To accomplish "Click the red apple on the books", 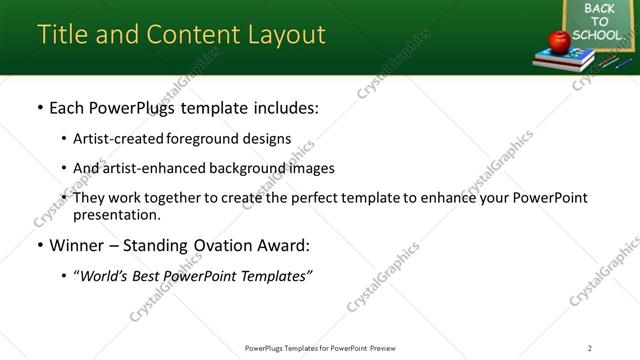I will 558,41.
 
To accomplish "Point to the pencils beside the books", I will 609,61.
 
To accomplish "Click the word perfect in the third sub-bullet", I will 319,198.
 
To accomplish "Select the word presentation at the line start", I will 115,214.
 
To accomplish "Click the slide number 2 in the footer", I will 590,348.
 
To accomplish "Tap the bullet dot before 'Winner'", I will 39,246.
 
